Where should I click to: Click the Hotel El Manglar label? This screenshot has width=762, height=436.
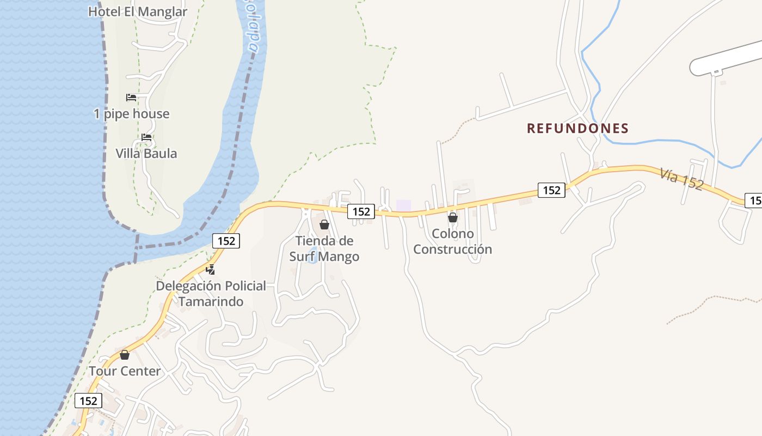coord(138,11)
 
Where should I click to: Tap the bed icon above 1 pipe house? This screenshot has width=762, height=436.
coord(131,98)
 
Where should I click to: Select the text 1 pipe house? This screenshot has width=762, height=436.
coord(131,114)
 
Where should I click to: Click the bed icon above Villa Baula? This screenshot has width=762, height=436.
coord(146,137)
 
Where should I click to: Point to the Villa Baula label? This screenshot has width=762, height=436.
coord(146,154)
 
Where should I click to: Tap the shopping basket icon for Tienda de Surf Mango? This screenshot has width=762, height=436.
coord(324,225)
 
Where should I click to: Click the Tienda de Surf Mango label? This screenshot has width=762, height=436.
coord(324,249)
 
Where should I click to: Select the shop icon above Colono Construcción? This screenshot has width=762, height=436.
coord(452,217)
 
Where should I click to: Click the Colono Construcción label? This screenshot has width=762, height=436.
coord(452,241)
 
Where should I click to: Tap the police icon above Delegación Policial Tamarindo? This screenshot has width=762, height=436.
coord(211,269)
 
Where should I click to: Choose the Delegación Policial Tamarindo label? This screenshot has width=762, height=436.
coord(211,293)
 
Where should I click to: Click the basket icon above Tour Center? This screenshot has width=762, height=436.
coord(125,355)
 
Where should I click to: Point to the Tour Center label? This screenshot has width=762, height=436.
coord(125,371)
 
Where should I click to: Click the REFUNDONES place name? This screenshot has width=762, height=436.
coord(577,129)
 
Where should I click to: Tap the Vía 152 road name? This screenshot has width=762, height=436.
coord(681,179)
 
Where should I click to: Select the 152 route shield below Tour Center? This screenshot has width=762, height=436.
coord(88,401)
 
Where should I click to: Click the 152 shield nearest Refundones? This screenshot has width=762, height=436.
coord(551,190)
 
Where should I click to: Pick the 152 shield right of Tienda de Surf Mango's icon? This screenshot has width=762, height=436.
coord(361,211)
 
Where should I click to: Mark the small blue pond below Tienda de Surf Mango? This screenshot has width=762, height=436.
coord(312,259)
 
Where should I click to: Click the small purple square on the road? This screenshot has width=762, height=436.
coord(403,205)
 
